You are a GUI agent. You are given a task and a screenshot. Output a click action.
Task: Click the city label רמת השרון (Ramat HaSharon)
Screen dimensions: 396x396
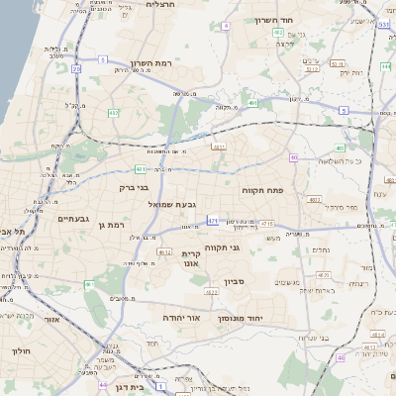pos(149,62)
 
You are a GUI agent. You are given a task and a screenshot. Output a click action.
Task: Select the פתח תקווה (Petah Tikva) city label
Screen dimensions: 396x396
pos(262,188)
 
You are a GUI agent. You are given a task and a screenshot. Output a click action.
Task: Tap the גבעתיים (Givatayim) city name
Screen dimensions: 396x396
pos(74,218)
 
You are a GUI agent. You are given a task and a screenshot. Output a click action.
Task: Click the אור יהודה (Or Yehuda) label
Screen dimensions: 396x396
pos(182,318)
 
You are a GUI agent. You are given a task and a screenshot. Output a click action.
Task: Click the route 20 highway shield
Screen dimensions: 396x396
pos(76,68)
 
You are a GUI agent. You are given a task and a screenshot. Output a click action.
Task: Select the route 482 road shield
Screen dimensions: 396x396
pos(279,33)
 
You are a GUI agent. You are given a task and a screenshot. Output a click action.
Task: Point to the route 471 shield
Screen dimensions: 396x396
pos(212,219)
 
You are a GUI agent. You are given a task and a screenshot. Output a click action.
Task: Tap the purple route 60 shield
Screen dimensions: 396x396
pos(294,157)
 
